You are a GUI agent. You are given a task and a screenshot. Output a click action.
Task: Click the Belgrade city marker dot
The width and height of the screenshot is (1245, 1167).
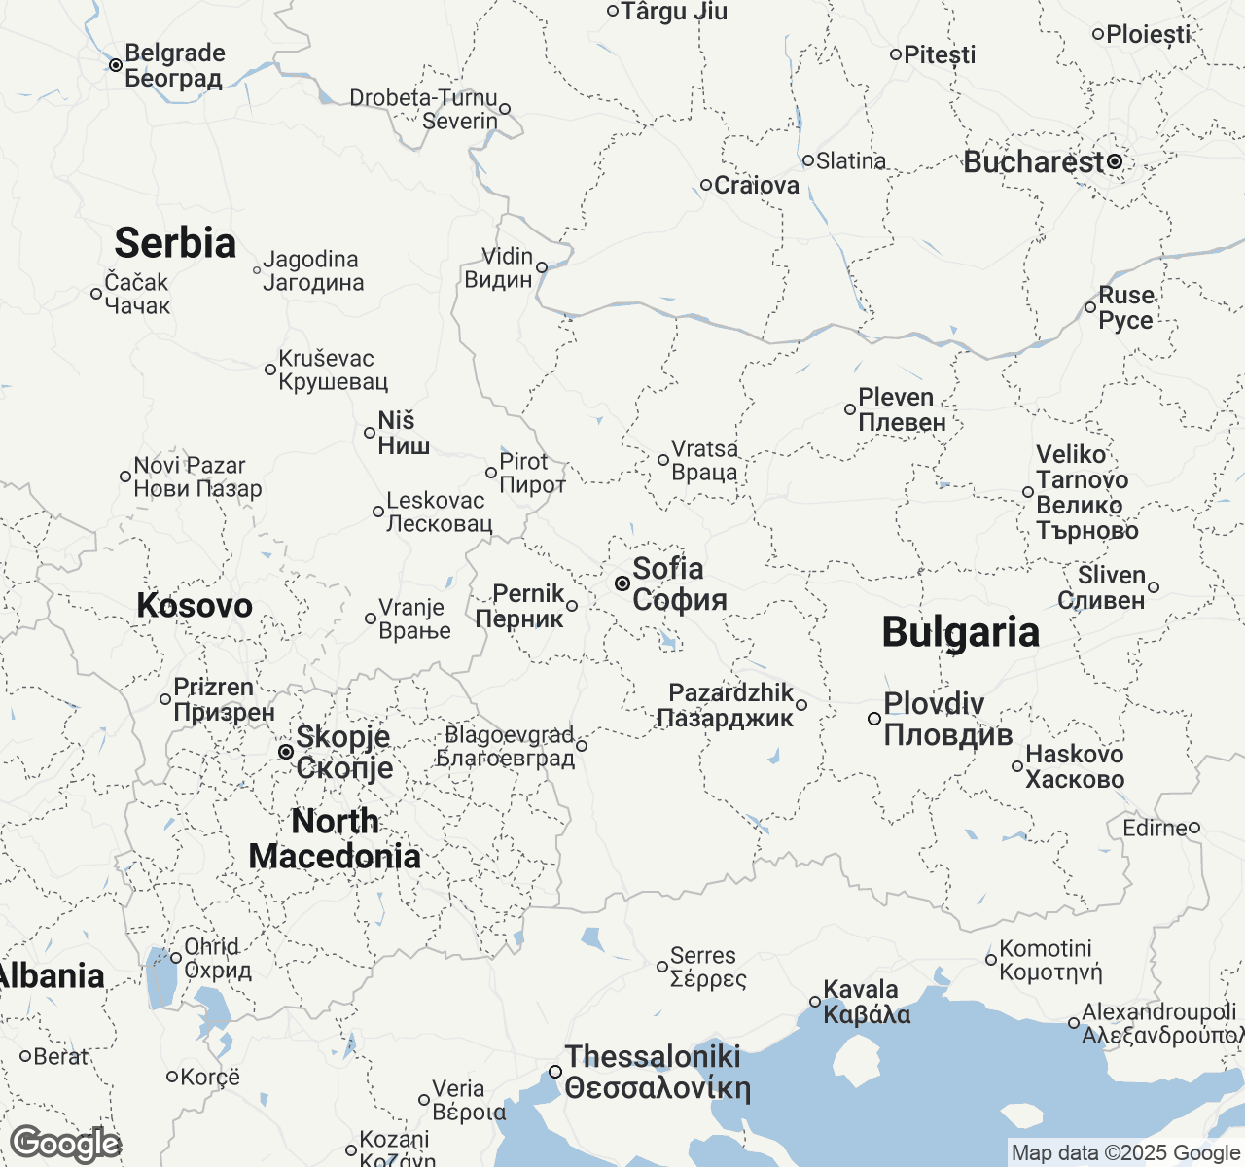click(x=115, y=65)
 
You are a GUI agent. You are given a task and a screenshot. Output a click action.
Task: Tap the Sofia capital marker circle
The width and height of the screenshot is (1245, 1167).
click(x=622, y=583)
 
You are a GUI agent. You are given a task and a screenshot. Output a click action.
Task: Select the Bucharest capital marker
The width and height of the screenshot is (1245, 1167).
click(x=1115, y=162)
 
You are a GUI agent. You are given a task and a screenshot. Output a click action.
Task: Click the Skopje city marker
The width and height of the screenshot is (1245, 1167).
click(x=285, y=752)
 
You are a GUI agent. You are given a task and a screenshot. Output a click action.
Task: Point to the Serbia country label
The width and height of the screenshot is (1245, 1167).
click(x=175, y=243)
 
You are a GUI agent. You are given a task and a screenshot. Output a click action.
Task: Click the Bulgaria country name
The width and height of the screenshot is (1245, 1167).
click(x=960, y=632)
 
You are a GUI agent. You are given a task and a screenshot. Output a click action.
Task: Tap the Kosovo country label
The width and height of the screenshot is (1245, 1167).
click(x=195, y=605)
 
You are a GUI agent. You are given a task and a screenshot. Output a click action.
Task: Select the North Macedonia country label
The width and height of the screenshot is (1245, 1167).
click(x=335, y=838)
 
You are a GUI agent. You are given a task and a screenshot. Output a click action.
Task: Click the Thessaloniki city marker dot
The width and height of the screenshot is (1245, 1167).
click(x=554, y=1071)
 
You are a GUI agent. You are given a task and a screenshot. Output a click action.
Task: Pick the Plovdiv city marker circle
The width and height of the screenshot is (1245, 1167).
click(x=873, y=719)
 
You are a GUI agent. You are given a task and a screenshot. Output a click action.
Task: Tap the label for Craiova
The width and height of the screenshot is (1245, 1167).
click(x=756, y=185)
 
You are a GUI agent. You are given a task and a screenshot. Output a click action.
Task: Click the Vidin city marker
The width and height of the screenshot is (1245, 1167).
click(x=542, y=267)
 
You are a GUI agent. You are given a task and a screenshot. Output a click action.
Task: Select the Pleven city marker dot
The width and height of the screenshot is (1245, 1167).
click(x=849, y=409)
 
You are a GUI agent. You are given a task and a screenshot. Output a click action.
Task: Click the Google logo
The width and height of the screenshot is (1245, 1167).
click(x=65, y=1144)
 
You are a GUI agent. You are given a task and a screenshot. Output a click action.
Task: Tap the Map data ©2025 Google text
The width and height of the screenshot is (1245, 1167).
click(x=1125, y=1153)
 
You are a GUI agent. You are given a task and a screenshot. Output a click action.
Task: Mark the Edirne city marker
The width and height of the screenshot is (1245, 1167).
click(x=1194, y=828)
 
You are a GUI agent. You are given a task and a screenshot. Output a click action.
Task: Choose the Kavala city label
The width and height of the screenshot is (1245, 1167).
click(x=867, y=1002)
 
